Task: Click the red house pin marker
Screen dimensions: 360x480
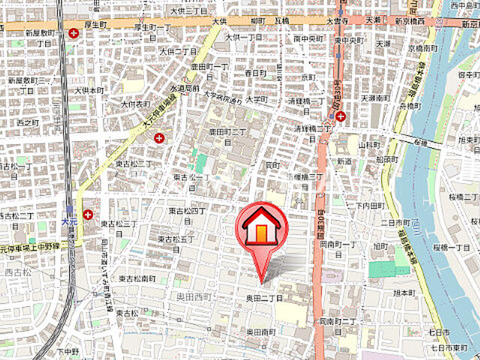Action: click(x=260, y=226)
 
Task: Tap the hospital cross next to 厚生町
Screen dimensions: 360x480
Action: click(x=74, y=33)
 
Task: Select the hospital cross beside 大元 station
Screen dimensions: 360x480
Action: click(x=88, y=214)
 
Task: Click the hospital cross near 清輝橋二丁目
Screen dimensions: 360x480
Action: click(x=341, y=116)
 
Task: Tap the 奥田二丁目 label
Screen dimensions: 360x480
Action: click(x=264, y=298)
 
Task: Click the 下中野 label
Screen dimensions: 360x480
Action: click(x=67, y=351)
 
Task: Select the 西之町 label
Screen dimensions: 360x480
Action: click(x=27, y=122)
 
